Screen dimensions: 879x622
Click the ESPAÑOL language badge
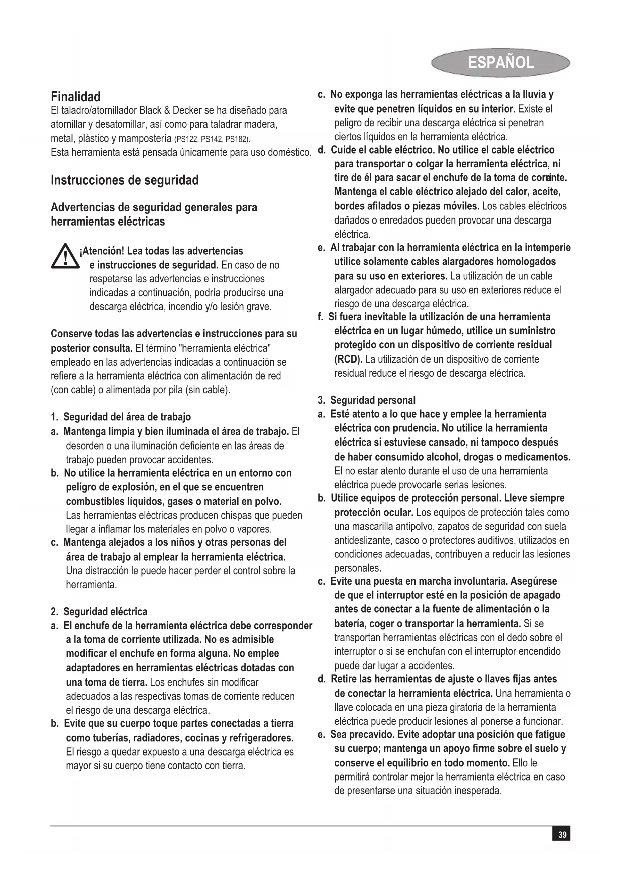(500, 63)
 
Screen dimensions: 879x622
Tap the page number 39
(562, 835)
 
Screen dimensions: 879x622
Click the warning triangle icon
(64, 257)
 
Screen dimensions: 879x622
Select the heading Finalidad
(76, 97)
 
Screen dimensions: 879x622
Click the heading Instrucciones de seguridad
(125, 180)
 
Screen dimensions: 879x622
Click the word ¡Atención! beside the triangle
(102, 251)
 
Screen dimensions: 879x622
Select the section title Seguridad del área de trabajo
(127, 417)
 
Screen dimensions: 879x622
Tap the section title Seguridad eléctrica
(105, 612)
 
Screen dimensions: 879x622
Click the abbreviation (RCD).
(348, 359)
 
